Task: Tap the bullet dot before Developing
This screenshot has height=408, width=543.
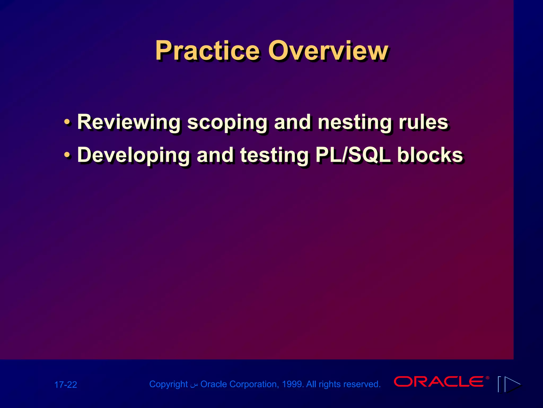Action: coord(67,155)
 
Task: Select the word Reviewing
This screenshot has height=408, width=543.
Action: coord(129,122)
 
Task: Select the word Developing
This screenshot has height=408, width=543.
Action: coord(133,155)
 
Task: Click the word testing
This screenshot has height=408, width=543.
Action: coord(275,155)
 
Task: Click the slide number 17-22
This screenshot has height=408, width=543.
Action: coord(65,385)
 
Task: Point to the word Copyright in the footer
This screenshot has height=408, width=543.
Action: coord(168,384)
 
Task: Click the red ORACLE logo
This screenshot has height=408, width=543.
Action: coord(439,381)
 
